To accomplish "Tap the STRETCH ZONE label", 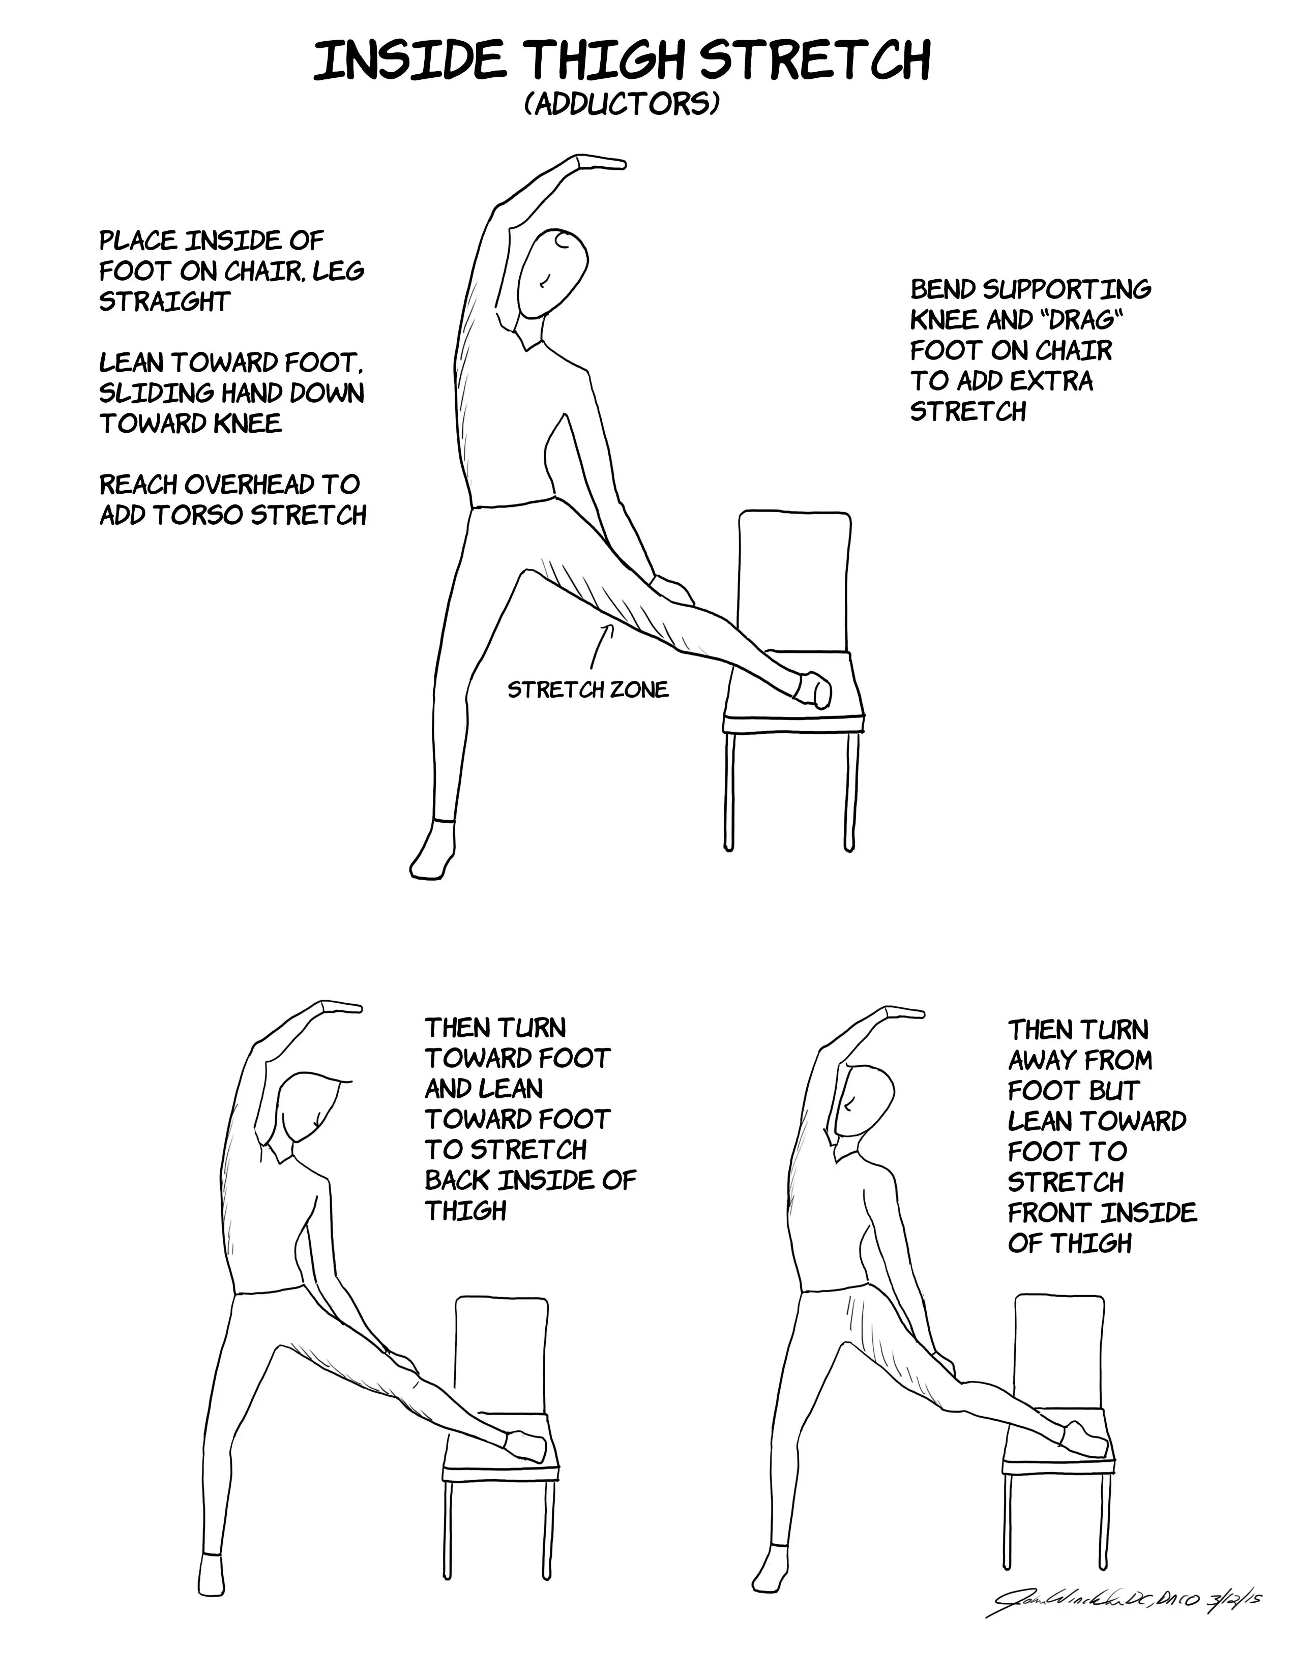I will click(x=588, y=690).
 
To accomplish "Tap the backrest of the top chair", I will click(x=794, y=568).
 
